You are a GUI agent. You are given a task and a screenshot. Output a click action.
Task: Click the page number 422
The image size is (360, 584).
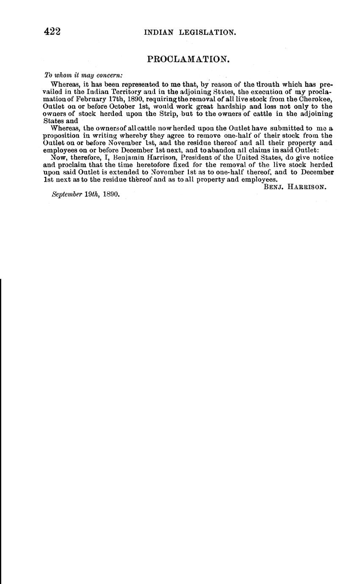tap(53, 32)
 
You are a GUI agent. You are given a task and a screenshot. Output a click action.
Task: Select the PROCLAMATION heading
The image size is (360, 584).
tap(188, 59)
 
